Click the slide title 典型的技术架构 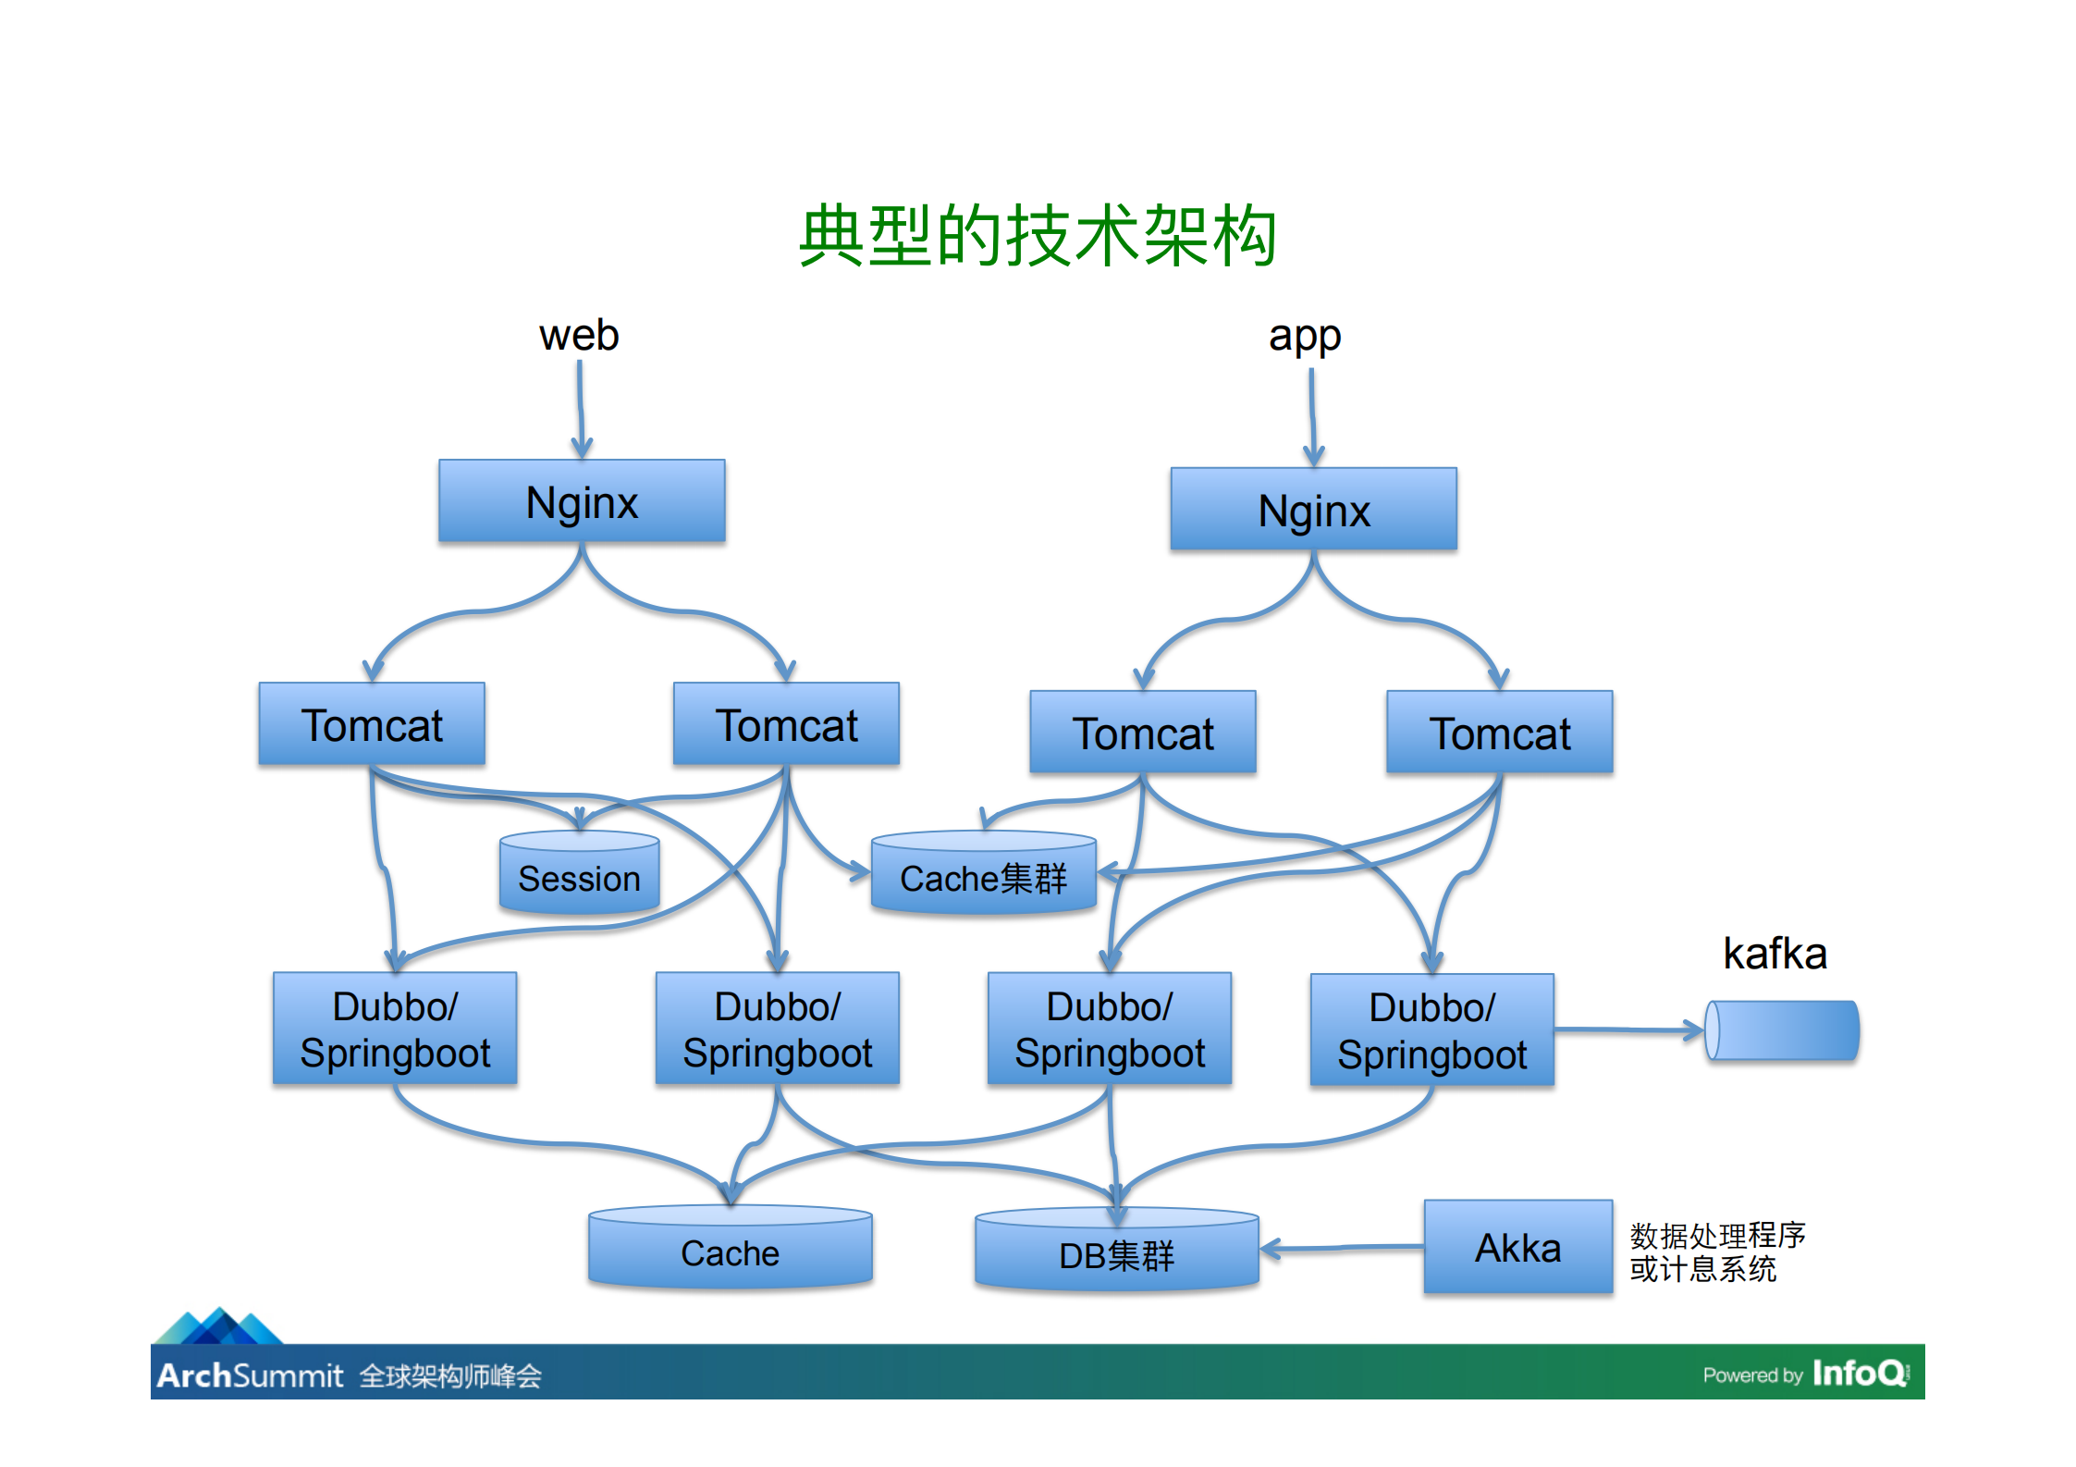[1038, 237]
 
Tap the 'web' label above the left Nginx [579, 335]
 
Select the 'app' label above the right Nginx [1304, 337]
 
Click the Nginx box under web [582, 501]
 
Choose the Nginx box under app [1313, 510]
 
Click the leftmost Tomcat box [372, 724]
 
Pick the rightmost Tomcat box [1499, 733]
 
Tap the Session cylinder [579, 876]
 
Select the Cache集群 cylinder [983, 876]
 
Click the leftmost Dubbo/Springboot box [395, 1029]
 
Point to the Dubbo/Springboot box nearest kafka [1431, 1030]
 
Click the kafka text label [1775, 954]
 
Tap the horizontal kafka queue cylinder [1782, 1030]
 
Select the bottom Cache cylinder [730, 1251]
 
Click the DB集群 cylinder [1116, 1253]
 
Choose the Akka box [1517, 1248]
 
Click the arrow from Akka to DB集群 [1341, 1249]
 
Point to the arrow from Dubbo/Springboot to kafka [1628, 1029]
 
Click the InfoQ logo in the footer [1859, 1373]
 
